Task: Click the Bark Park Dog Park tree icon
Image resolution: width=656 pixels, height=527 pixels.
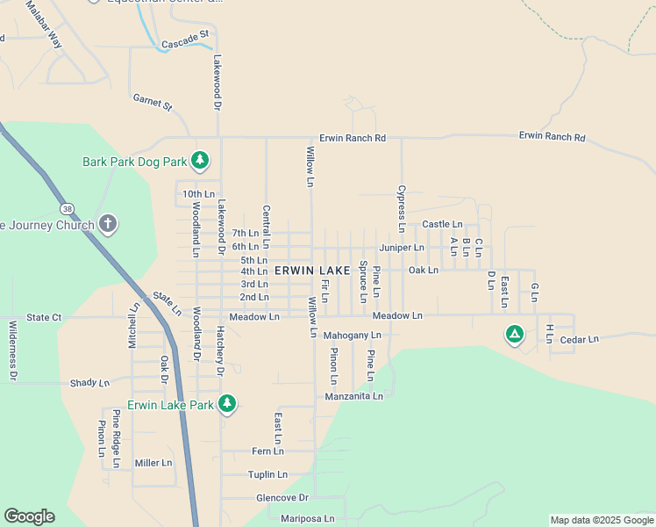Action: coord(201,160)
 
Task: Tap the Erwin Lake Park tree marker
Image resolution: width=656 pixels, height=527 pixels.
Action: coord(227,403)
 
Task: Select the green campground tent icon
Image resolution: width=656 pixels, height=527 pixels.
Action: coord(514,334)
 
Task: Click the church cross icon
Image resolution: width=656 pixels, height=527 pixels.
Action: coord(107,223)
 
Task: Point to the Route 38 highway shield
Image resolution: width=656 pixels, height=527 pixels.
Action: coord(67,209)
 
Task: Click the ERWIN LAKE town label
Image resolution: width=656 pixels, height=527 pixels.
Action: coord(311,271)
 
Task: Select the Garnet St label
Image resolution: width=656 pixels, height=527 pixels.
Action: coord(153,103)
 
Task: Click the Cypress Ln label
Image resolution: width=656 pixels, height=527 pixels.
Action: coord(401,207)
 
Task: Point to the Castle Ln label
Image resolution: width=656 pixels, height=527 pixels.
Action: coord(442,225)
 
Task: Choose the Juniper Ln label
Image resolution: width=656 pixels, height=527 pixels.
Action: coord(402,248)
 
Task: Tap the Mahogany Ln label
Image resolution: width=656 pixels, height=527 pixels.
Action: coord(352,336)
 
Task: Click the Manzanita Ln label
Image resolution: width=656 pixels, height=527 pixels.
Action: coord(353,396)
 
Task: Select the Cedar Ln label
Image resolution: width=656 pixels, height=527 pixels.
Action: coord(578,339)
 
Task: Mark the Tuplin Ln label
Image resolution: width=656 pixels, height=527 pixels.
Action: coord(267,474)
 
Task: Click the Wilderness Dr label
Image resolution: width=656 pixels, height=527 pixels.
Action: coord(13,350)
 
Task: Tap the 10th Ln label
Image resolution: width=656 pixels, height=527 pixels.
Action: coord(198,194)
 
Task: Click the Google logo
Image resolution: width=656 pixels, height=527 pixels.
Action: coord(29,516)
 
